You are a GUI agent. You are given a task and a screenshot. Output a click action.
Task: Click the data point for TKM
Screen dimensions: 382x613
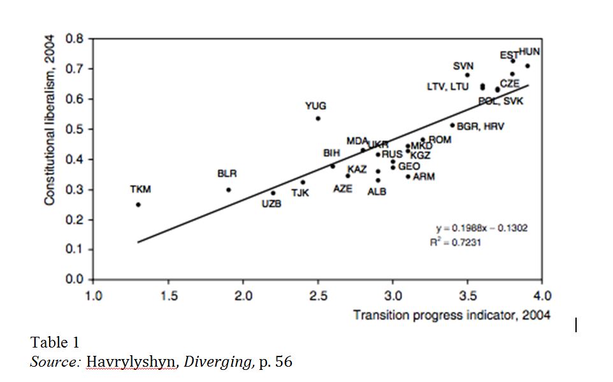pos(138,205)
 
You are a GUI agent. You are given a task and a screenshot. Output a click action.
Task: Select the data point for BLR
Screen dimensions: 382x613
pos(228,190)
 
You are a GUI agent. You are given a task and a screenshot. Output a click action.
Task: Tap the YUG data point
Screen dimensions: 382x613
pos(318,118)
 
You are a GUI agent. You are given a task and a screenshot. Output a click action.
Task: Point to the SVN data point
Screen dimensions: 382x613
pos(467,75)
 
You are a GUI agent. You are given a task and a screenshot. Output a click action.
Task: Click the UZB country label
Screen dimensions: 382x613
pos(271,204)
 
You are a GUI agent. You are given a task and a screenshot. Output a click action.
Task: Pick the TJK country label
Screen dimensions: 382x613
pos(300,193)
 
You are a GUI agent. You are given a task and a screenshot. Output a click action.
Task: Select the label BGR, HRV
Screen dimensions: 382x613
pos(480,127)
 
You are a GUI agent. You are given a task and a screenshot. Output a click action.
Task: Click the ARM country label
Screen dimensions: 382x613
pos(424,177)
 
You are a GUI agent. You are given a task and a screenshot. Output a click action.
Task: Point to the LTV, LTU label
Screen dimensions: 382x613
pos(448,87)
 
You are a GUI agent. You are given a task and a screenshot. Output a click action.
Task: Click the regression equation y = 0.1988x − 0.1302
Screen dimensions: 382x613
pos(482,228)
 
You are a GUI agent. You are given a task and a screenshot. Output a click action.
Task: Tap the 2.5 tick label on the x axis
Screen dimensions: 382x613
pos(318,296)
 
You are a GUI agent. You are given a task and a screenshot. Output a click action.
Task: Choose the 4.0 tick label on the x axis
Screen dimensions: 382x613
pos(542,296)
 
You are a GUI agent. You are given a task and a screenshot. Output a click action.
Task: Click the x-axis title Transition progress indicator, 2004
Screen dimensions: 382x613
pos(452,315)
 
